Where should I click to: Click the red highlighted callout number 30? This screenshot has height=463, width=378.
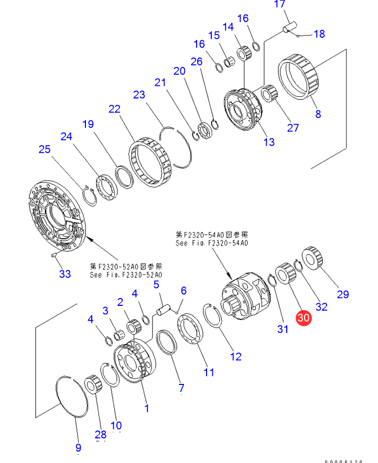point(304,317)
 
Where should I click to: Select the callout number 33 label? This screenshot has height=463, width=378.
point(64,273)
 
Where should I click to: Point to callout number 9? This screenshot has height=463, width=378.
point(78,448)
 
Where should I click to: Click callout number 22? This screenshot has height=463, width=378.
point(114,109)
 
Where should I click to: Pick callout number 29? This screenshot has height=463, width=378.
point(342,294)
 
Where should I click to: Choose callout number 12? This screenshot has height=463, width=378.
point(236,356)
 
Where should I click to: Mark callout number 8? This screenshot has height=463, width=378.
point(318,114)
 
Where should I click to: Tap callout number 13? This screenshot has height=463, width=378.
point(269,142)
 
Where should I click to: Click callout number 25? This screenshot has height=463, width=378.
point(45,149)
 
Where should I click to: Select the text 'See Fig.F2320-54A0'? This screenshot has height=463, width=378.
point(212,243)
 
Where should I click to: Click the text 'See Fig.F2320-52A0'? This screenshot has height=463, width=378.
point(126,274)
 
